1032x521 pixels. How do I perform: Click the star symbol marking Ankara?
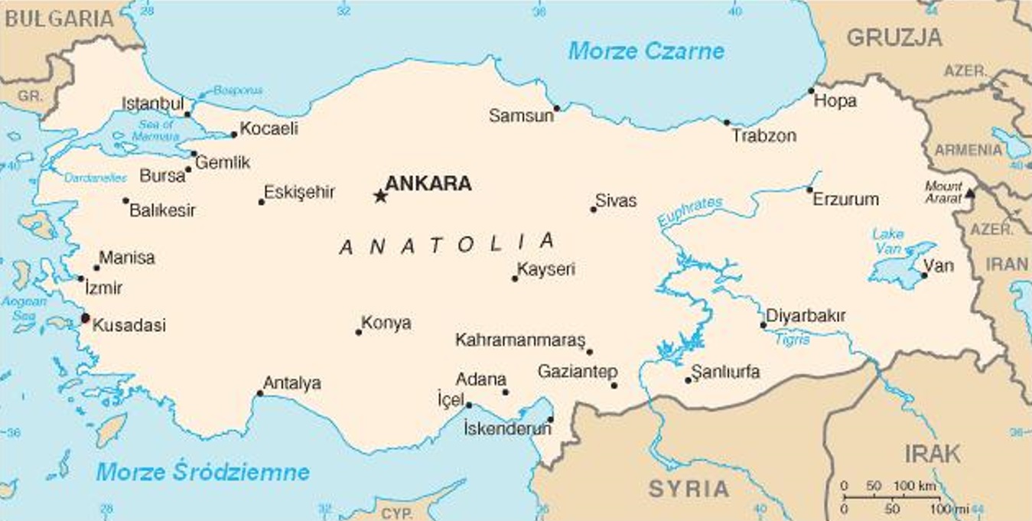380,197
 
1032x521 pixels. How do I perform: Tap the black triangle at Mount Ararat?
969,194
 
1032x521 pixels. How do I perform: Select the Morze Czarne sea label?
646,51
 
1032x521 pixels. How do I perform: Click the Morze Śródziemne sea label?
203,471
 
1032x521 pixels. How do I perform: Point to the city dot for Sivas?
593,209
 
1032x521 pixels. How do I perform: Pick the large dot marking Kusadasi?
85,317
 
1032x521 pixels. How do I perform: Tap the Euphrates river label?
690,212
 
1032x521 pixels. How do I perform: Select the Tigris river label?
793,339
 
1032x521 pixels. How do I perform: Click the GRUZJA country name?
894,37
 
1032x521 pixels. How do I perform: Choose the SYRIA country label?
689,488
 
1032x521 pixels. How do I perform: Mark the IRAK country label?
933,453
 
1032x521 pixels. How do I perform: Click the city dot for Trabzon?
727,122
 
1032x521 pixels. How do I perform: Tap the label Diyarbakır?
806,315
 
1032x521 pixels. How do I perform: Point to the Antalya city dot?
260,393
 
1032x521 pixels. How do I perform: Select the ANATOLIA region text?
447,244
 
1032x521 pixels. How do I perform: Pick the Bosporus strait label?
238,90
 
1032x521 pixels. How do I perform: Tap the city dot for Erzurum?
809,190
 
